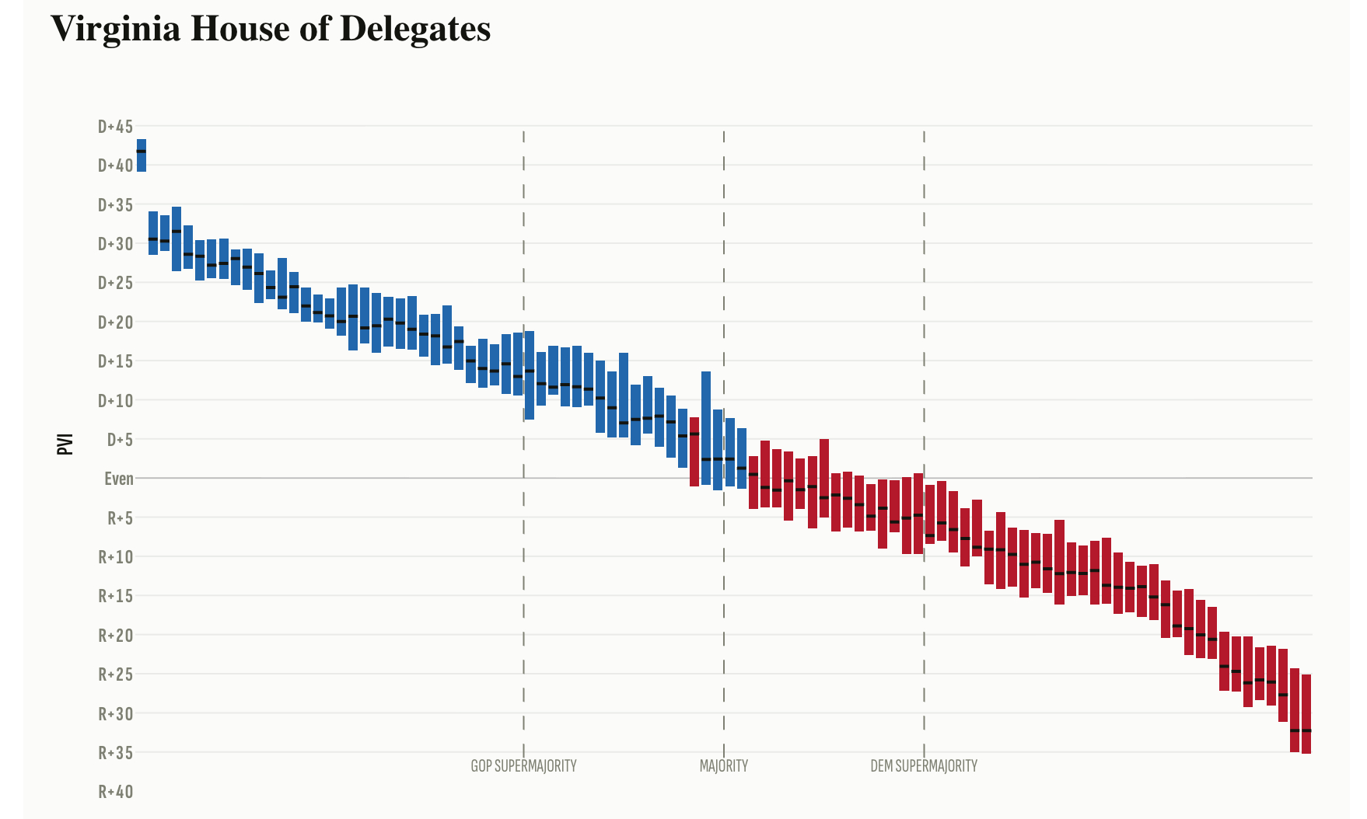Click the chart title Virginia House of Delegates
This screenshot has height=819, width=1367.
tap(271, 29)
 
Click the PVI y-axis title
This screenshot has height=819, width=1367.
tap(65, 444)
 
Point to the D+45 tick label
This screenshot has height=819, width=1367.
tap(115, 127)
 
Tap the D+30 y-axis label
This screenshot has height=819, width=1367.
tap(115, 244)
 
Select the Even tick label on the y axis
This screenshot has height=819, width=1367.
tap(119, 479)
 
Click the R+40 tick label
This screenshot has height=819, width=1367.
tap(115, 792)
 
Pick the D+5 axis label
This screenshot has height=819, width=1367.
tap(120, 440)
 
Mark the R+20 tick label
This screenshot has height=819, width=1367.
tap(115, 636)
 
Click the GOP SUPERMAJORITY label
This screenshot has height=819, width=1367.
tap(523, 766)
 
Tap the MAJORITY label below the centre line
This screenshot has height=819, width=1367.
tap(723, 766)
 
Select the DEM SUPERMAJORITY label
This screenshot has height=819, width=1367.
tap(924, 766)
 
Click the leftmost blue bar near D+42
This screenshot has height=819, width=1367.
tap(142, 155)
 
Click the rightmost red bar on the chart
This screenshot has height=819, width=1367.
tap(1306, 713)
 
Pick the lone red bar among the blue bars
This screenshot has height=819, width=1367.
tap(694, 451)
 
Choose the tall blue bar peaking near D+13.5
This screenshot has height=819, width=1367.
tap(706, 427)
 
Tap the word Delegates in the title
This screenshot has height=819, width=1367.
tap(415, 29)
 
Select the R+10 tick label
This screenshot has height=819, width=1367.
tap(115, 557)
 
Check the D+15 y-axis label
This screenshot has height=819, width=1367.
tap(115, 361)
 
